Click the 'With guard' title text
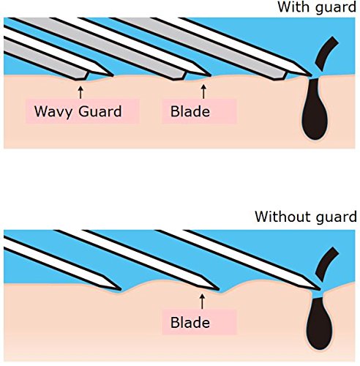tap(317, 7)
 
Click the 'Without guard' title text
tap(306, 217)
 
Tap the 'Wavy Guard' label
tap(78, 111)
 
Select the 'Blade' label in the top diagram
tap(190, 111)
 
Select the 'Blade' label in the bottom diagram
tap(190, 323)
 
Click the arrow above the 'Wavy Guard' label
tap(80, 92)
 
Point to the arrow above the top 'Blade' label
tap(203, 91)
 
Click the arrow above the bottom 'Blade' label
tap(202, 302)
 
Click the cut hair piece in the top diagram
tap(326, 53)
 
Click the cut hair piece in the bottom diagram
tap(326, 264)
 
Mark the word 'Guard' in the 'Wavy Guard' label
tap(100, 111)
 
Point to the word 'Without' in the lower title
tap(282, 216)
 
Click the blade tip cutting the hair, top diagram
tap(311, 75)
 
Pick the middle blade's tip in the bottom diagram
tap(219, 289)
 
